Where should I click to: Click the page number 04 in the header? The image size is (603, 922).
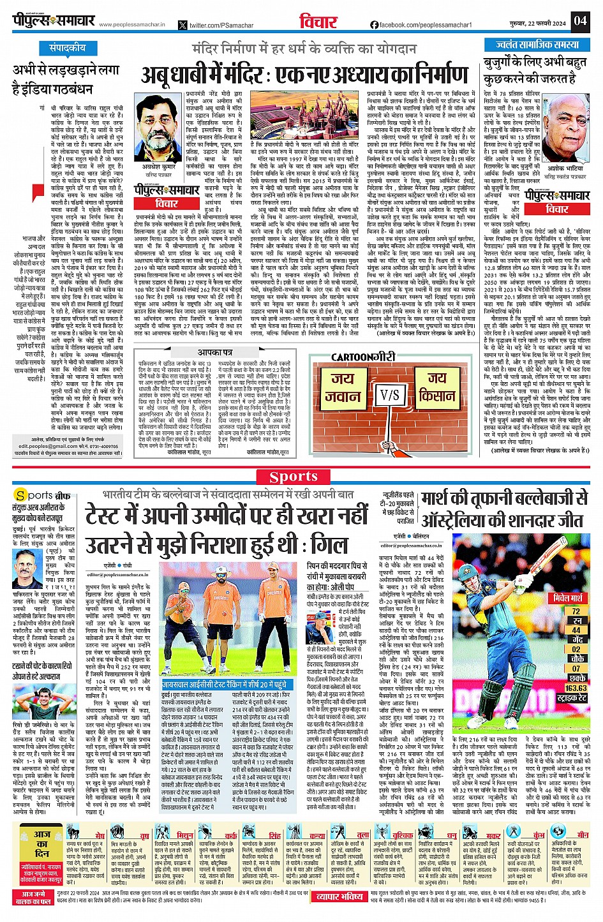click(579, 21)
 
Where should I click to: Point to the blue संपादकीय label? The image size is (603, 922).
click(68, 48)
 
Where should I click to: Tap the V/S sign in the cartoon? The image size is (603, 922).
click(389, 396)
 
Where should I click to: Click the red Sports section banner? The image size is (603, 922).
click(293, 477)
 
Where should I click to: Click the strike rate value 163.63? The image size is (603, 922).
click(576, 688)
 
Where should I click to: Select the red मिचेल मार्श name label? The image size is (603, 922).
click(568, 598)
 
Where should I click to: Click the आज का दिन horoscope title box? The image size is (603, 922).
click(43, 843)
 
